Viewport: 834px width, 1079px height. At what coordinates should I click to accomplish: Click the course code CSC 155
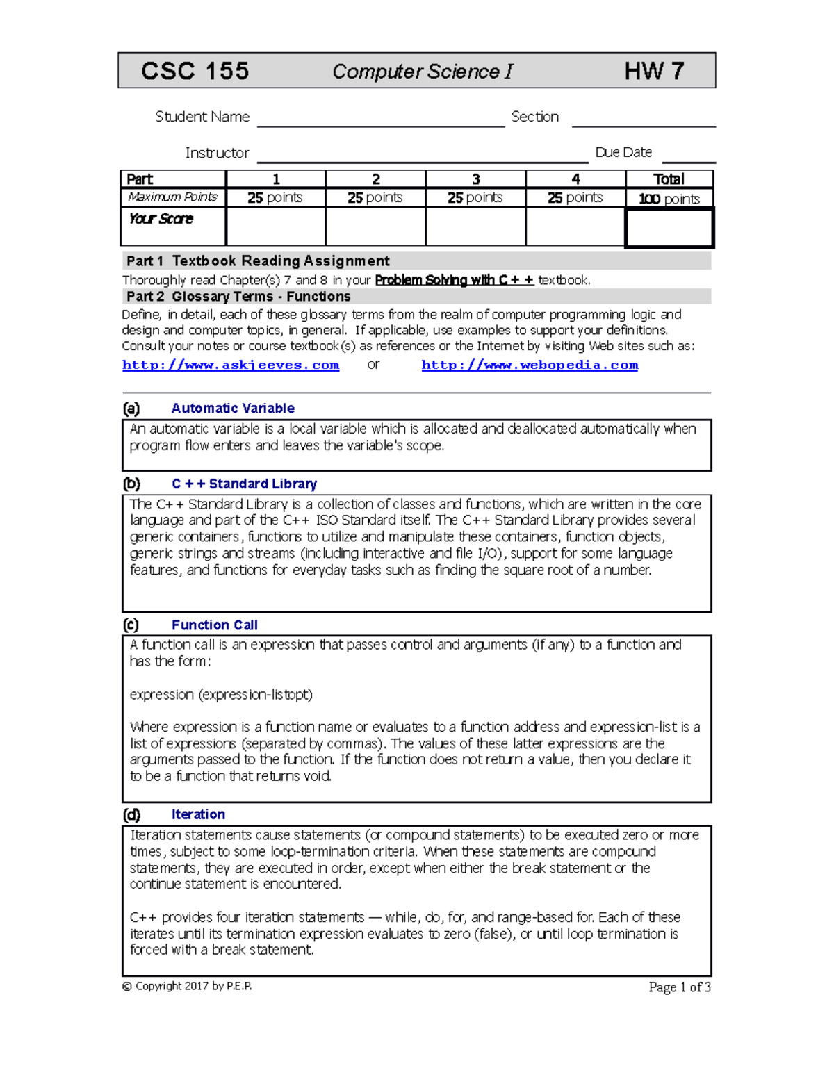[195, 71]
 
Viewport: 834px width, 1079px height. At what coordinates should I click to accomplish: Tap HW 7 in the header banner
[654, 71]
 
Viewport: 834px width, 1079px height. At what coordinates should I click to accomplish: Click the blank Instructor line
[422, 156]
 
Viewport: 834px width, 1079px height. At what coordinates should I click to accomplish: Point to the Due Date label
[623, 152]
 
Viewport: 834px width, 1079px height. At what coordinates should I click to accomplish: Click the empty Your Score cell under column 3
[475, 226]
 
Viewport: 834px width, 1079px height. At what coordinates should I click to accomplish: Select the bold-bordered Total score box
[669, 228]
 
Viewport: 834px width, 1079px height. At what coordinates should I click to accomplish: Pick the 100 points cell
[669, 199]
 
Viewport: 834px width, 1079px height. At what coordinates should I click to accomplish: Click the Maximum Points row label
[173, 197]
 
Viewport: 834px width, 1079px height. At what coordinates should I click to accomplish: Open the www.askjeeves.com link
[231, 365]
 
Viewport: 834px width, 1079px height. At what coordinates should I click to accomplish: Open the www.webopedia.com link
[530, 365]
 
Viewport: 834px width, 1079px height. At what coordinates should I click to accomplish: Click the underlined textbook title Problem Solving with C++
[454, 280]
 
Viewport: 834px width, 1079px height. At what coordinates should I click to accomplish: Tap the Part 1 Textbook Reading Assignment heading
[258, 261]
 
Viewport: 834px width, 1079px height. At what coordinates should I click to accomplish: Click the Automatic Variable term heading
[233, 409]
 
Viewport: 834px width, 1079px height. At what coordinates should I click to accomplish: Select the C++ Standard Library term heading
[244, 484]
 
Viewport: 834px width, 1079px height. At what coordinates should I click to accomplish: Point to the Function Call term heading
[214, 625]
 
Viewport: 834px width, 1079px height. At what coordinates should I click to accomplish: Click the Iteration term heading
[198, 814]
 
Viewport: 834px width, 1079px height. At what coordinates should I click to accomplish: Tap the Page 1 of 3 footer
[679, 987]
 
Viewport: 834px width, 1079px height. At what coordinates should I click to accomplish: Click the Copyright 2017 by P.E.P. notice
[187, 986]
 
